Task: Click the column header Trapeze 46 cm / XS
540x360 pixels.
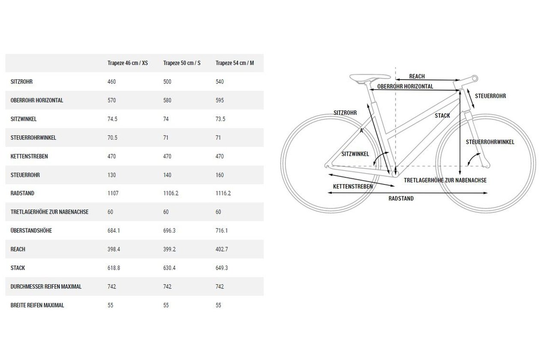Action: [x=128, y=63]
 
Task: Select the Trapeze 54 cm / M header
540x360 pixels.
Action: [x=234, y=63]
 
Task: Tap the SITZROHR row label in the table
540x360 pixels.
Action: [x=21, y=82]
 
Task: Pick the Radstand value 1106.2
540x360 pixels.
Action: [x=171, y=193]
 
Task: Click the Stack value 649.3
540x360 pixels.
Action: [x=222, y=268]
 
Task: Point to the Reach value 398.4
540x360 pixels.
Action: [x=114, y=249]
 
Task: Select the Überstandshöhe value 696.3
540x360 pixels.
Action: [x=169, y=231]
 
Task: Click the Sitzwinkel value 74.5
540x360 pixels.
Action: [x=112, y=119]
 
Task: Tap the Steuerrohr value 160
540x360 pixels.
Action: [x=219, y=175]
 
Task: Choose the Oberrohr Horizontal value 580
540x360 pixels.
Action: [x=167, y=100]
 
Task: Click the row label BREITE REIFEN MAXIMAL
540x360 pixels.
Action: [x=37, y=305]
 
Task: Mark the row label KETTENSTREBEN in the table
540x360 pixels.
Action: [x=29, y=156]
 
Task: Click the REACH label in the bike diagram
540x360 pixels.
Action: [x=417, y=76]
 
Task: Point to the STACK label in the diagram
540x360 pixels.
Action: [x=442, y=116]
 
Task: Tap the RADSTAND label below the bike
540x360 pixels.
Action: [x=401, y=199]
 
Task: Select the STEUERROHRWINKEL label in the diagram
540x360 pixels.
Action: [x=490, y=142]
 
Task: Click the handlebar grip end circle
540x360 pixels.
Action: [x=475, y=78]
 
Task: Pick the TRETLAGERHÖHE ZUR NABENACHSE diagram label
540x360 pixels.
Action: [x=445, y=180]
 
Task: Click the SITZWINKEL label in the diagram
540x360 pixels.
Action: [x=355, y=154]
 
